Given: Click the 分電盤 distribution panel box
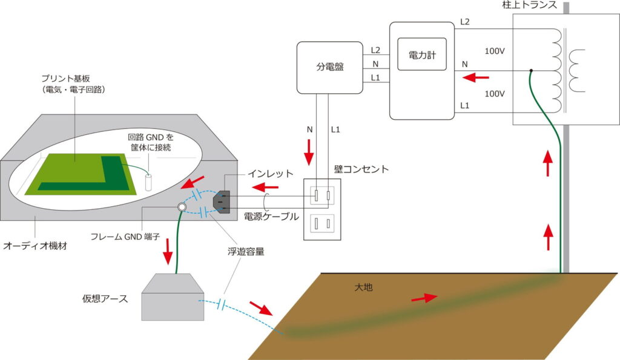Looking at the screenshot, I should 330,68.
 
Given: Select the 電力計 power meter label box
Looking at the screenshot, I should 423,55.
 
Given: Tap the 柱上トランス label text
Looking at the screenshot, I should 530,5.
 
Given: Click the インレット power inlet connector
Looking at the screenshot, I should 220,201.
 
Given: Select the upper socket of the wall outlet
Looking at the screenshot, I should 322,195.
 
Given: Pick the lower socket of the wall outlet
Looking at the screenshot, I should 322,224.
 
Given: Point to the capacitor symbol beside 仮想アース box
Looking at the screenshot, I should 222,302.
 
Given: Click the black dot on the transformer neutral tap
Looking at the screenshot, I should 531,71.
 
